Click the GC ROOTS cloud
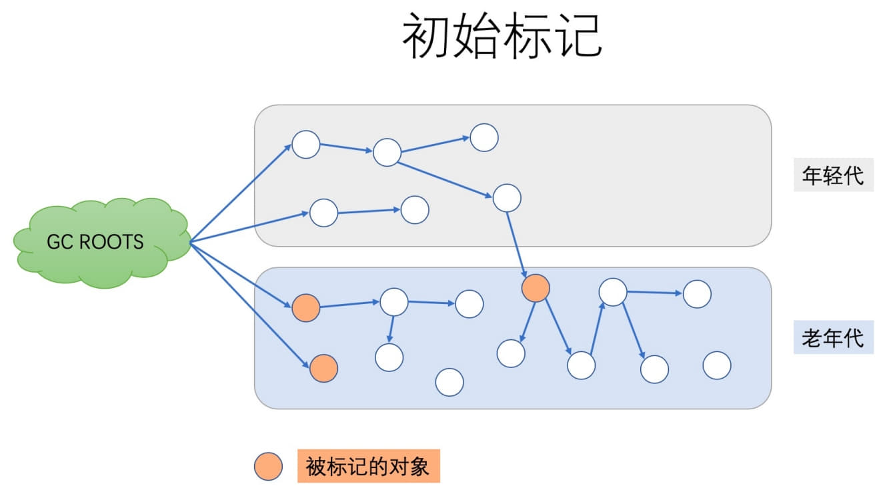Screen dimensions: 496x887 tap(100, 242)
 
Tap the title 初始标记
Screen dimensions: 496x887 tap(502, 37)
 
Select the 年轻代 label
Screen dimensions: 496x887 tap(833, 175)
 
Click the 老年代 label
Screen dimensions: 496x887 tap(833, 338)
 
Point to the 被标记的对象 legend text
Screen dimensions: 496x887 tap(367, 466)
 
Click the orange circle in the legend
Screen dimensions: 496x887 tap(268, 466)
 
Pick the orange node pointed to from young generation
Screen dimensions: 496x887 tap(536, 288)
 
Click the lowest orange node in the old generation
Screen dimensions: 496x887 tap(323, 368)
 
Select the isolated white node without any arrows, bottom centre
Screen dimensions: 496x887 tap(450, 382)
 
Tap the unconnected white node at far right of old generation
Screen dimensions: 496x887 tap(717, 365)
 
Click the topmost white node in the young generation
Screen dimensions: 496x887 tap(484, 137)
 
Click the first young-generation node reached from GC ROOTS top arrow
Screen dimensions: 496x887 tap(306, 145)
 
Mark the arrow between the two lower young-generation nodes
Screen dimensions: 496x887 tap(369, 211)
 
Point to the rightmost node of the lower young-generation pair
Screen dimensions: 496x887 tap(415, 210)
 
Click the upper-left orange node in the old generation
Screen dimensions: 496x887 tap(305, 308)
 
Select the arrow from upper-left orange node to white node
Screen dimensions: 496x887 tap(349, 305)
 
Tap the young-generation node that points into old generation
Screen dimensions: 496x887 tap(507, 198)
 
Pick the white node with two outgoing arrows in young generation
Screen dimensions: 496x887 tap(387, 152)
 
